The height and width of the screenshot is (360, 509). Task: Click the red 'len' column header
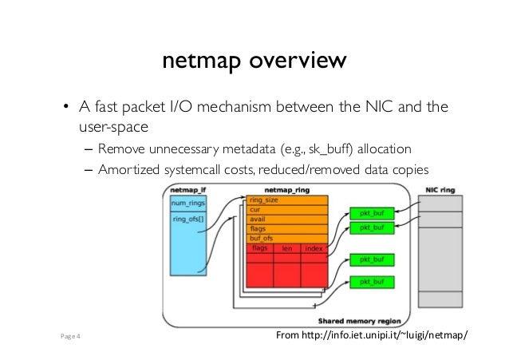point(287,247)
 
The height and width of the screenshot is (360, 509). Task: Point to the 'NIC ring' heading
point(439,192)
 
